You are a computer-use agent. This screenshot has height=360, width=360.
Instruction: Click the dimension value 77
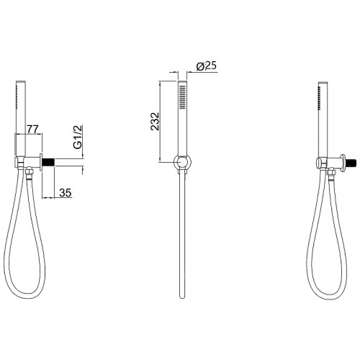[x=32, y=129]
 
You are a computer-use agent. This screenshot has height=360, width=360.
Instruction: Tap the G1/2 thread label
[x=78, y=137]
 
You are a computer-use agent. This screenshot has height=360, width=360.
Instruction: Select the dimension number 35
[x=66, y=193]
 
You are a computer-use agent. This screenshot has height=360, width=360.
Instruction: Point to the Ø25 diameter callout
[x=207, y=66]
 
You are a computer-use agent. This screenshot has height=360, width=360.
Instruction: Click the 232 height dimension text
[x=155, y=121]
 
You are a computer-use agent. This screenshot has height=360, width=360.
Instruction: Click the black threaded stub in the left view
[x=48, y=163]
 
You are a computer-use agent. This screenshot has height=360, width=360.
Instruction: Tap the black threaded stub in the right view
[x=351, y=163]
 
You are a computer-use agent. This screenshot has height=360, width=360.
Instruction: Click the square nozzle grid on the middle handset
[x=183, y=96]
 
